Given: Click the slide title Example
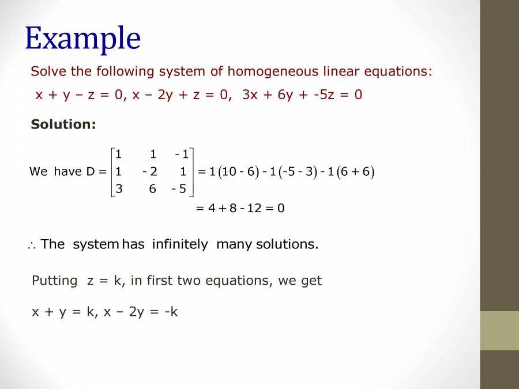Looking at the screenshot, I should [82, 39].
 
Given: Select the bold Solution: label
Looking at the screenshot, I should [63, 124].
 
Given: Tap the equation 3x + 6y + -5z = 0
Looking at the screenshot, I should [302, 95].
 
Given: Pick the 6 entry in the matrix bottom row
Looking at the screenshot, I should [152, 189].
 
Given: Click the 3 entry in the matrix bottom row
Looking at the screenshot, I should [118, 189].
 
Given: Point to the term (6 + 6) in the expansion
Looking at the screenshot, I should [355, 172].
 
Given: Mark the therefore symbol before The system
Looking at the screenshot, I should [31, 246].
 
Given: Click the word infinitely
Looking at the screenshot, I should [180, 244].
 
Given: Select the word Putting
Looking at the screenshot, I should [54, 281].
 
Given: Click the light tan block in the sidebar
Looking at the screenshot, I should [499, 330].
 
